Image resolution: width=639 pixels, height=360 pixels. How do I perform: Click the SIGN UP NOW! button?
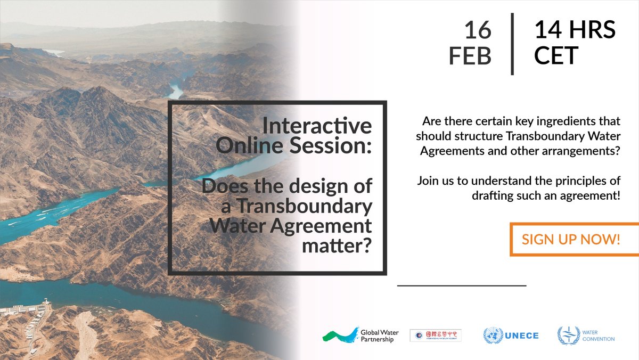(x=571, y=239)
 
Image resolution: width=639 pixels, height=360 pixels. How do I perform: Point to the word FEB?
(x=470, y=55)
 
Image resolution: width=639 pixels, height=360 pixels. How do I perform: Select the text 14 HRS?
(x=575, y=30)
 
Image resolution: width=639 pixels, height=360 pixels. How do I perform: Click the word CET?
(x=556, y=55)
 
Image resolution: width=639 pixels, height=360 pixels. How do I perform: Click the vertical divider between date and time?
(x=512, y=44)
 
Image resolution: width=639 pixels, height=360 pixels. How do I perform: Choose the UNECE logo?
(x=511, y=336)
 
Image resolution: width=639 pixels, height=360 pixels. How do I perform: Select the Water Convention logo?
(x=586, y=336)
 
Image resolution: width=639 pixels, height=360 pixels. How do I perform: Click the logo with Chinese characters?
(x=435, y=336)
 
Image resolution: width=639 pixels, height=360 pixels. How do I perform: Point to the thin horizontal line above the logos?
(x=461, y=286)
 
